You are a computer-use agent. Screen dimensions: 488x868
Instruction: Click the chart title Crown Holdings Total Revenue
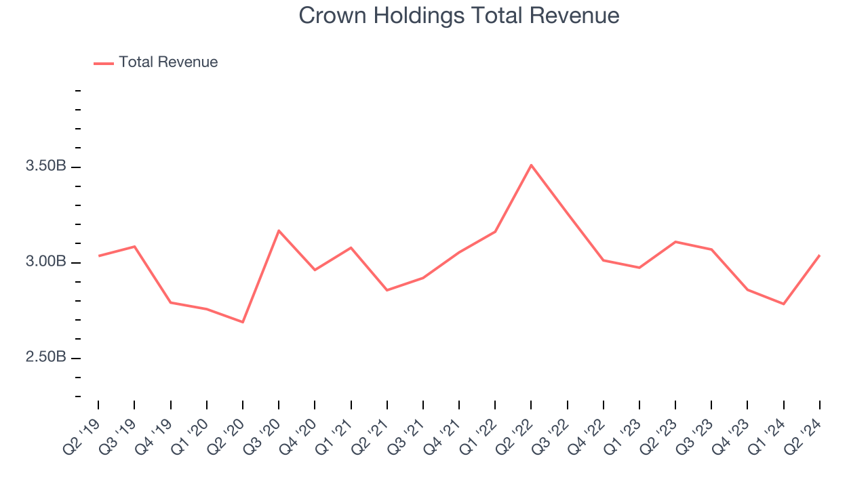click(459, 16)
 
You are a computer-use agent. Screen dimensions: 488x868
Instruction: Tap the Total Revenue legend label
click(168, 62)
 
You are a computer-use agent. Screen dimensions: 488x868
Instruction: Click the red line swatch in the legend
click(104, 63)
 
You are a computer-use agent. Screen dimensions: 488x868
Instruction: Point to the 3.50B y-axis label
click(45, 167)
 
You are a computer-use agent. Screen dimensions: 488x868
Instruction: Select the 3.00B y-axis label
click(45, 262)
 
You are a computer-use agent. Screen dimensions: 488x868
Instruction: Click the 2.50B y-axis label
click(45, 358)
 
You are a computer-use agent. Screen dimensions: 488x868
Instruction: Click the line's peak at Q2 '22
click(531, 165)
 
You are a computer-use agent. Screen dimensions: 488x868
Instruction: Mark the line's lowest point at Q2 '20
click(243, 322)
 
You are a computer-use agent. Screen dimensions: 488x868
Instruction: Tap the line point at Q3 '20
click(279, 230)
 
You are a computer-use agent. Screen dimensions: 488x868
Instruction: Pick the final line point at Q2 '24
click(819, 256)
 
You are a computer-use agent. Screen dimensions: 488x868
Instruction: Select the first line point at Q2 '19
click(98, 256)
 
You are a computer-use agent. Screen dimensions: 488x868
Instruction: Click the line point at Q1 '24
click(783, 304)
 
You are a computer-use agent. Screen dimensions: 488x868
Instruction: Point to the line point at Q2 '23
click(675, 241)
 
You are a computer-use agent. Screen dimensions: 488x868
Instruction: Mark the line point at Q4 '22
click(604, 260)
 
